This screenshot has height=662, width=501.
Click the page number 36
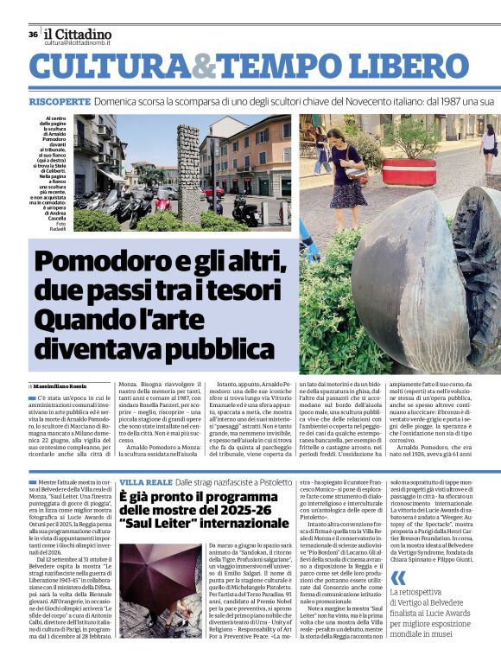point(32,35)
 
